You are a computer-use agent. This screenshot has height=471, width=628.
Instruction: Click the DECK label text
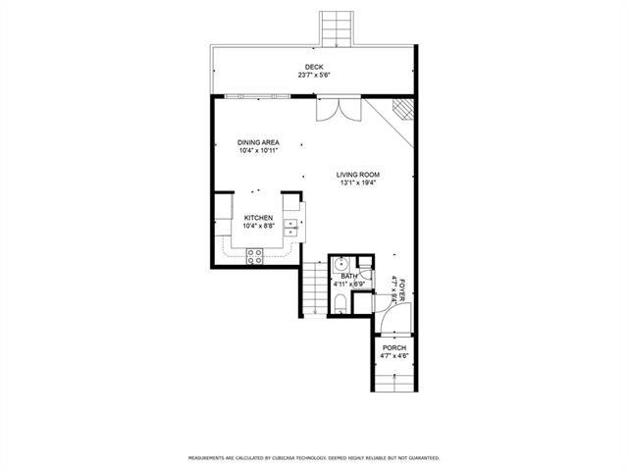coord(314,67)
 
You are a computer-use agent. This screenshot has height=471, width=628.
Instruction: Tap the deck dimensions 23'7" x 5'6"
coord(314,75)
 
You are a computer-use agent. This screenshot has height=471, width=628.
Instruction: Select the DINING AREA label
coord(258,142)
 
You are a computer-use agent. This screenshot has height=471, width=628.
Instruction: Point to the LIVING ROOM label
coord(358,175)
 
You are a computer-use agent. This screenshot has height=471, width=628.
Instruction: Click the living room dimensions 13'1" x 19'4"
coord(358,183)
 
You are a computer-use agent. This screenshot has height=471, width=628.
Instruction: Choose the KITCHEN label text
coord(258,218)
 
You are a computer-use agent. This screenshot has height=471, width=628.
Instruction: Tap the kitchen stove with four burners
coord(254,256)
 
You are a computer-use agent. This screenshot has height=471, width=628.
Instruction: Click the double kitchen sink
coord(290,228)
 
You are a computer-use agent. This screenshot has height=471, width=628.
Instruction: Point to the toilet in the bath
coord(340,304)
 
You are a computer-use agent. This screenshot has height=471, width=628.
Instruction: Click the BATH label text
coord(349,277)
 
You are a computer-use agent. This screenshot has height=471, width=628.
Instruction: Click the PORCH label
coord(394,348)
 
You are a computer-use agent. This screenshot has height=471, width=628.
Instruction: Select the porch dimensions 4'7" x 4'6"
coord(394,356)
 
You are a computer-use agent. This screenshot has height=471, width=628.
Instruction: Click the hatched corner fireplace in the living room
coord(402,109)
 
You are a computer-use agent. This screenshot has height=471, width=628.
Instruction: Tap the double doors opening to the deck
coord(339,109)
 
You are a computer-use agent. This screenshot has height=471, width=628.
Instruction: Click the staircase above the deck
coord(337,28)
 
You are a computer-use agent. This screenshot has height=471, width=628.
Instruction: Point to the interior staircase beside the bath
coord(315,288)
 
